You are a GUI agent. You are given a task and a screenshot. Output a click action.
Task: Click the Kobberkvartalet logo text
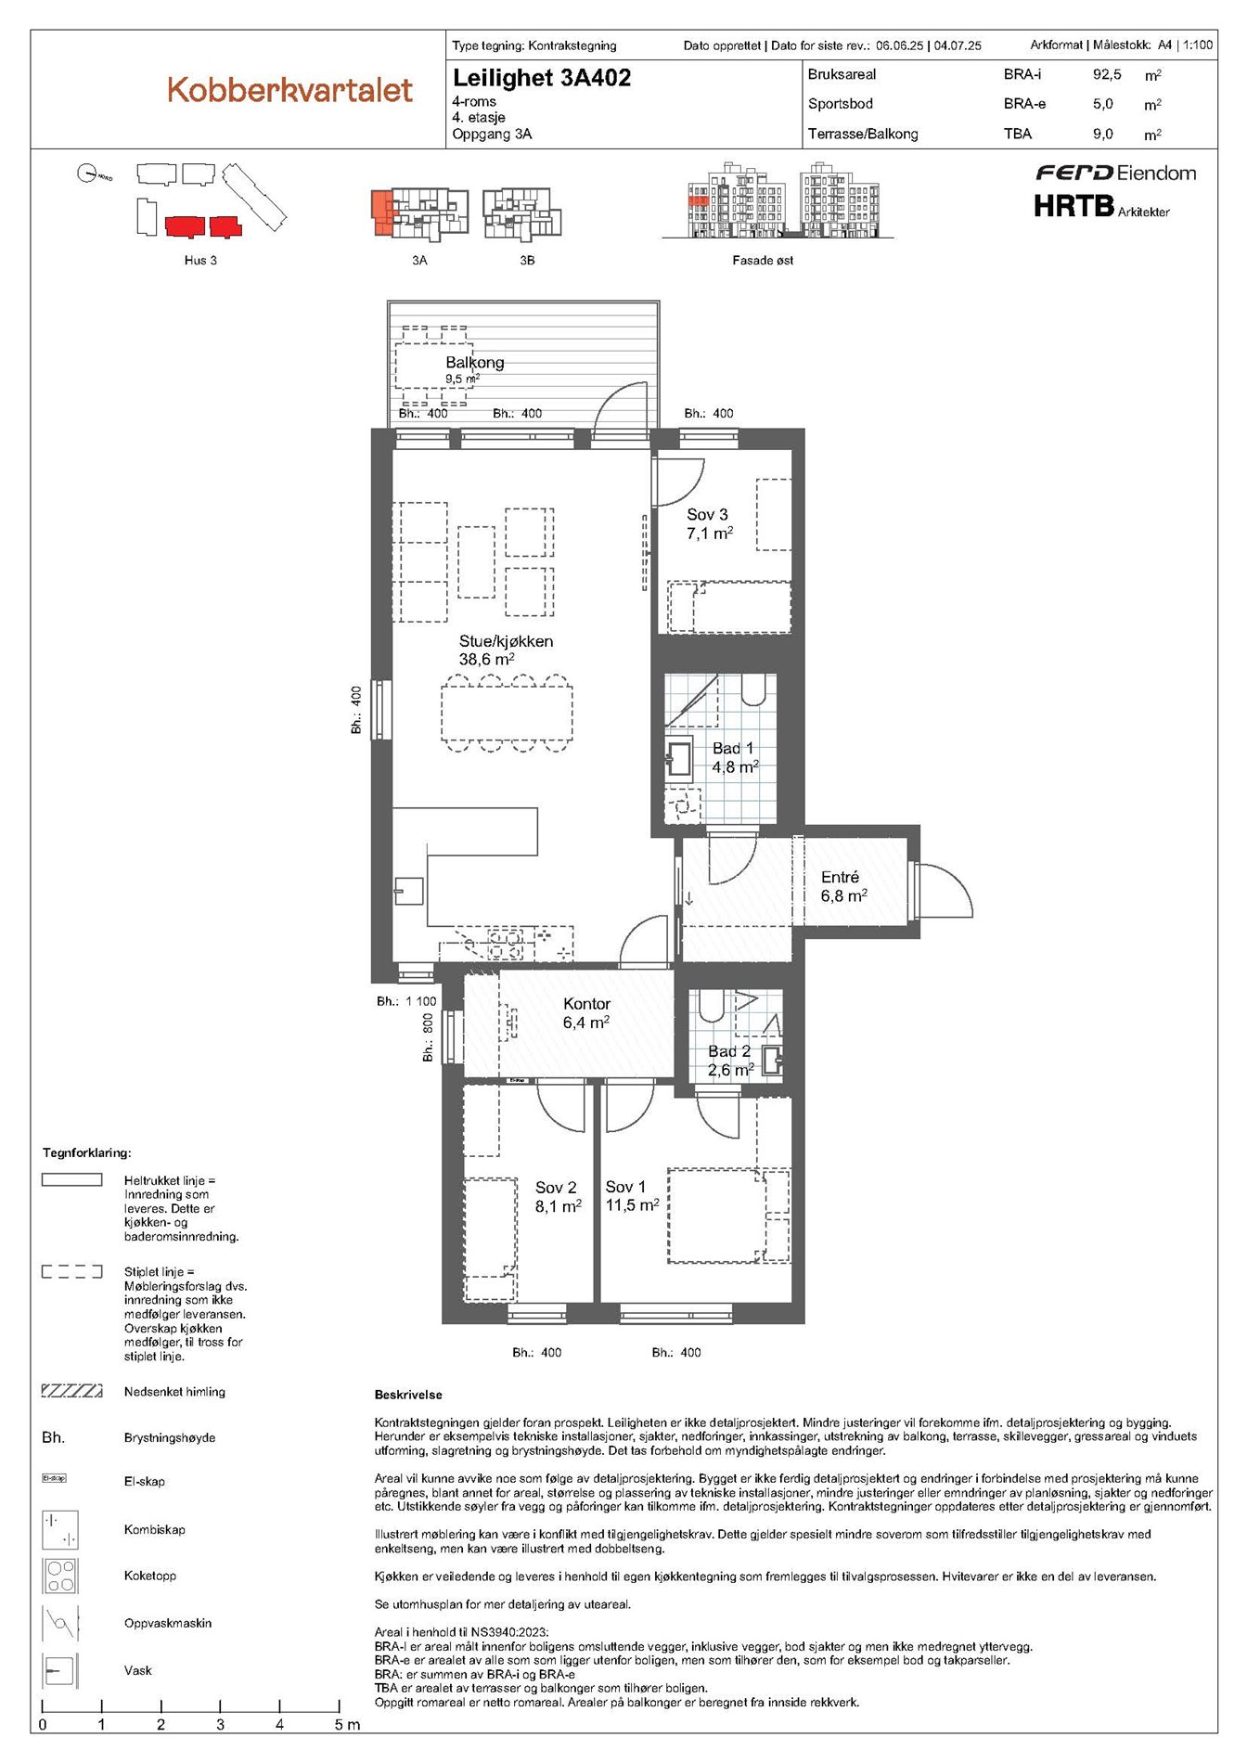tap(289, 90)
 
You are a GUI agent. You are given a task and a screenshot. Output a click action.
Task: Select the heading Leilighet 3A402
tap(542, 78)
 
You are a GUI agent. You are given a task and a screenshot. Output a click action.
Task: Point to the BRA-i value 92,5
tap(1107, 74)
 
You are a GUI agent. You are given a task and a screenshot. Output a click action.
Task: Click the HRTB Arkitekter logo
tap(1101, 205)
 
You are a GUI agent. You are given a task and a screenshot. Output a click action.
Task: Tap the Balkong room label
tap(474, 362)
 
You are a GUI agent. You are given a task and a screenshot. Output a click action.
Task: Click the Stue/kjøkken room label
tap(506, 641)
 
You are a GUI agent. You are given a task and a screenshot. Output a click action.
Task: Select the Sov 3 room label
tap(707, 514)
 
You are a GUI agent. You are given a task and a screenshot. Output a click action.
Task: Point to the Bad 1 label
tap(733, 748)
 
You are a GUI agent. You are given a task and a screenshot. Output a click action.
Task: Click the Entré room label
tap(840, 877)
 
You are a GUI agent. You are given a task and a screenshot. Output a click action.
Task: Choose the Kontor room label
tap(586, 1004)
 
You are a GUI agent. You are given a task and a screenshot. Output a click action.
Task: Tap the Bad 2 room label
tap(729, 1051)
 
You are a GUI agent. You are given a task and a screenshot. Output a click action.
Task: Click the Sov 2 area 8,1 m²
tap(559, 1207)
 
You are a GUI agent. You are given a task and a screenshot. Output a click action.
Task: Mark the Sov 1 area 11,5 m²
tap(632, 1205)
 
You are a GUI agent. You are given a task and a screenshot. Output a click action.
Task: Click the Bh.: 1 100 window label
tap(406, 1001)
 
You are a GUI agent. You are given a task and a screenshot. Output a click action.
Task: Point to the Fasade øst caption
tap(763, 261)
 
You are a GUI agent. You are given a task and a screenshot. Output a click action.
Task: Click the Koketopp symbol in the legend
tap(60, 1576)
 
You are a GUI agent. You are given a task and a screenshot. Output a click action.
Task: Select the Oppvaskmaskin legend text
tap(168, 1623)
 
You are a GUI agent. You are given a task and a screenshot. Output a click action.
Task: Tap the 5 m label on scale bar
tap(347, 1725)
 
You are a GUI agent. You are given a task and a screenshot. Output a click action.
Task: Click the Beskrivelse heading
tap(408, 1395)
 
